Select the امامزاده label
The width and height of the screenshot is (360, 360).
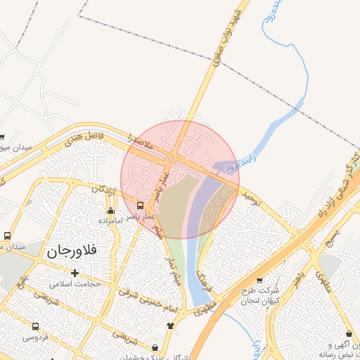tap(111, 221)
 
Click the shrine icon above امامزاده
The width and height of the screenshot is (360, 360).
tap(110, 210)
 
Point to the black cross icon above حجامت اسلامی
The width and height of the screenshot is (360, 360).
tap(75, 272)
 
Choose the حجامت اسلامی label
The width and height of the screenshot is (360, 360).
tap(76, 283)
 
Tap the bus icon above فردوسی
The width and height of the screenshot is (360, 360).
tap(35, 326)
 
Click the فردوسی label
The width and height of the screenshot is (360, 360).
tap(35, 337)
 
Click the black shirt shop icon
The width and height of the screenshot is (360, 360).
tap(170, 326)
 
